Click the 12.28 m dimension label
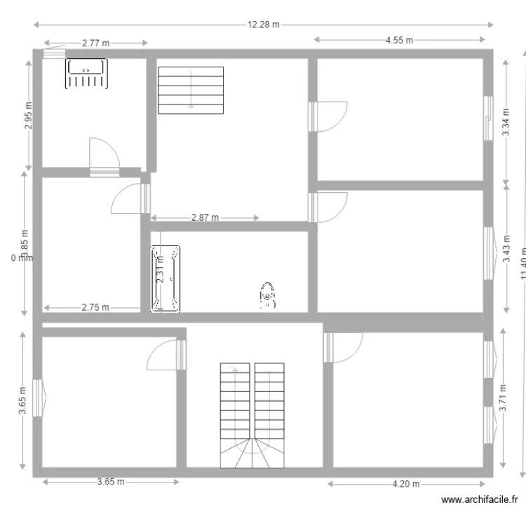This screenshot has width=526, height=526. click(x=263, y=25)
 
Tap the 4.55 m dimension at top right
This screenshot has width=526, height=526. click(x=399, y=40)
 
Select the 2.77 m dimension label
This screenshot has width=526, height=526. click(x=96, y=43)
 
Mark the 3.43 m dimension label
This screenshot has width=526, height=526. click(x=507, y=248)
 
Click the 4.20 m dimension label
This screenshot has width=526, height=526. click(x=405, y=484)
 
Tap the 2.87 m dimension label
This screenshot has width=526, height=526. click(x=205, y=218)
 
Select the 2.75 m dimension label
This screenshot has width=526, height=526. click(x=95, y=307)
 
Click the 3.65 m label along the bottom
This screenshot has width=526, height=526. click(x=111, y=482)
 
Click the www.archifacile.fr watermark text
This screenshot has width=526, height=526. click(x=480, y=500)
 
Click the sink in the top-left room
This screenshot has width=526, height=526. click(x=86, y=74)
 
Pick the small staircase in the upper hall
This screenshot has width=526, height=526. click(x=190, y=90)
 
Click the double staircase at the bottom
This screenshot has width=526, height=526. click(x=252, y=414)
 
